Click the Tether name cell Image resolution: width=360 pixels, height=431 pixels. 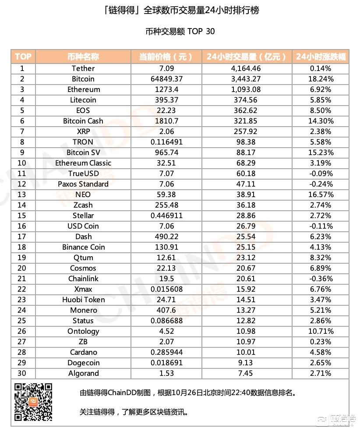pyautogui.click(x=83, y=68)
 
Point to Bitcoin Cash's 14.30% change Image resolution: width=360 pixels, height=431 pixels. pyautogui.click(x=321, y=121)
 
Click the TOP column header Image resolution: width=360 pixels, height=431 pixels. pyautogui.click(x=23, y=57)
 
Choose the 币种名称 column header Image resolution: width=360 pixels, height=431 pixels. pyautogui.click(x=83, y=57)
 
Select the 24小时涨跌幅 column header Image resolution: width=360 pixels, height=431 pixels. pyautogui.click(x=321, y=57)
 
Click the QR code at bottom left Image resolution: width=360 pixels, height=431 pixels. pyautogui.click(x=33, y=402)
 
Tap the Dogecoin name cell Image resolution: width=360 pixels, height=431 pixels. pyautogui.click(x=83, y=363)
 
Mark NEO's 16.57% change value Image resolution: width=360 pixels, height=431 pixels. pyautogui.click(x=321, y=194)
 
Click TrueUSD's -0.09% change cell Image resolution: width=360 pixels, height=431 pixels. pyautogui.click(x=321, y=173)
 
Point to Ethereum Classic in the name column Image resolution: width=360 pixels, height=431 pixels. pyautogui.click(x=83, y=163)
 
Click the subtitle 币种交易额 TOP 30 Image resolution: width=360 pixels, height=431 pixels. pyautogui.click(x=180, y=32)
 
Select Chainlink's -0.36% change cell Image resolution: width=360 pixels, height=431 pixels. pyautogui.click(x=321, y=279)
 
